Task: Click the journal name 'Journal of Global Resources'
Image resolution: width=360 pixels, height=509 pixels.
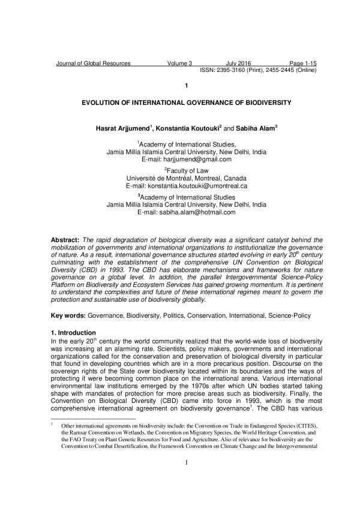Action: (93, 63)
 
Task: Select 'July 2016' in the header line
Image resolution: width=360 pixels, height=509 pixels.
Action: (238, 63)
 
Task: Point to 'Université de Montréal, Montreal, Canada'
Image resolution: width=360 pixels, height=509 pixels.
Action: (187, 179)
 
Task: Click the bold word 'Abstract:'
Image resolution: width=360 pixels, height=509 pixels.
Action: (67, 239)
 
